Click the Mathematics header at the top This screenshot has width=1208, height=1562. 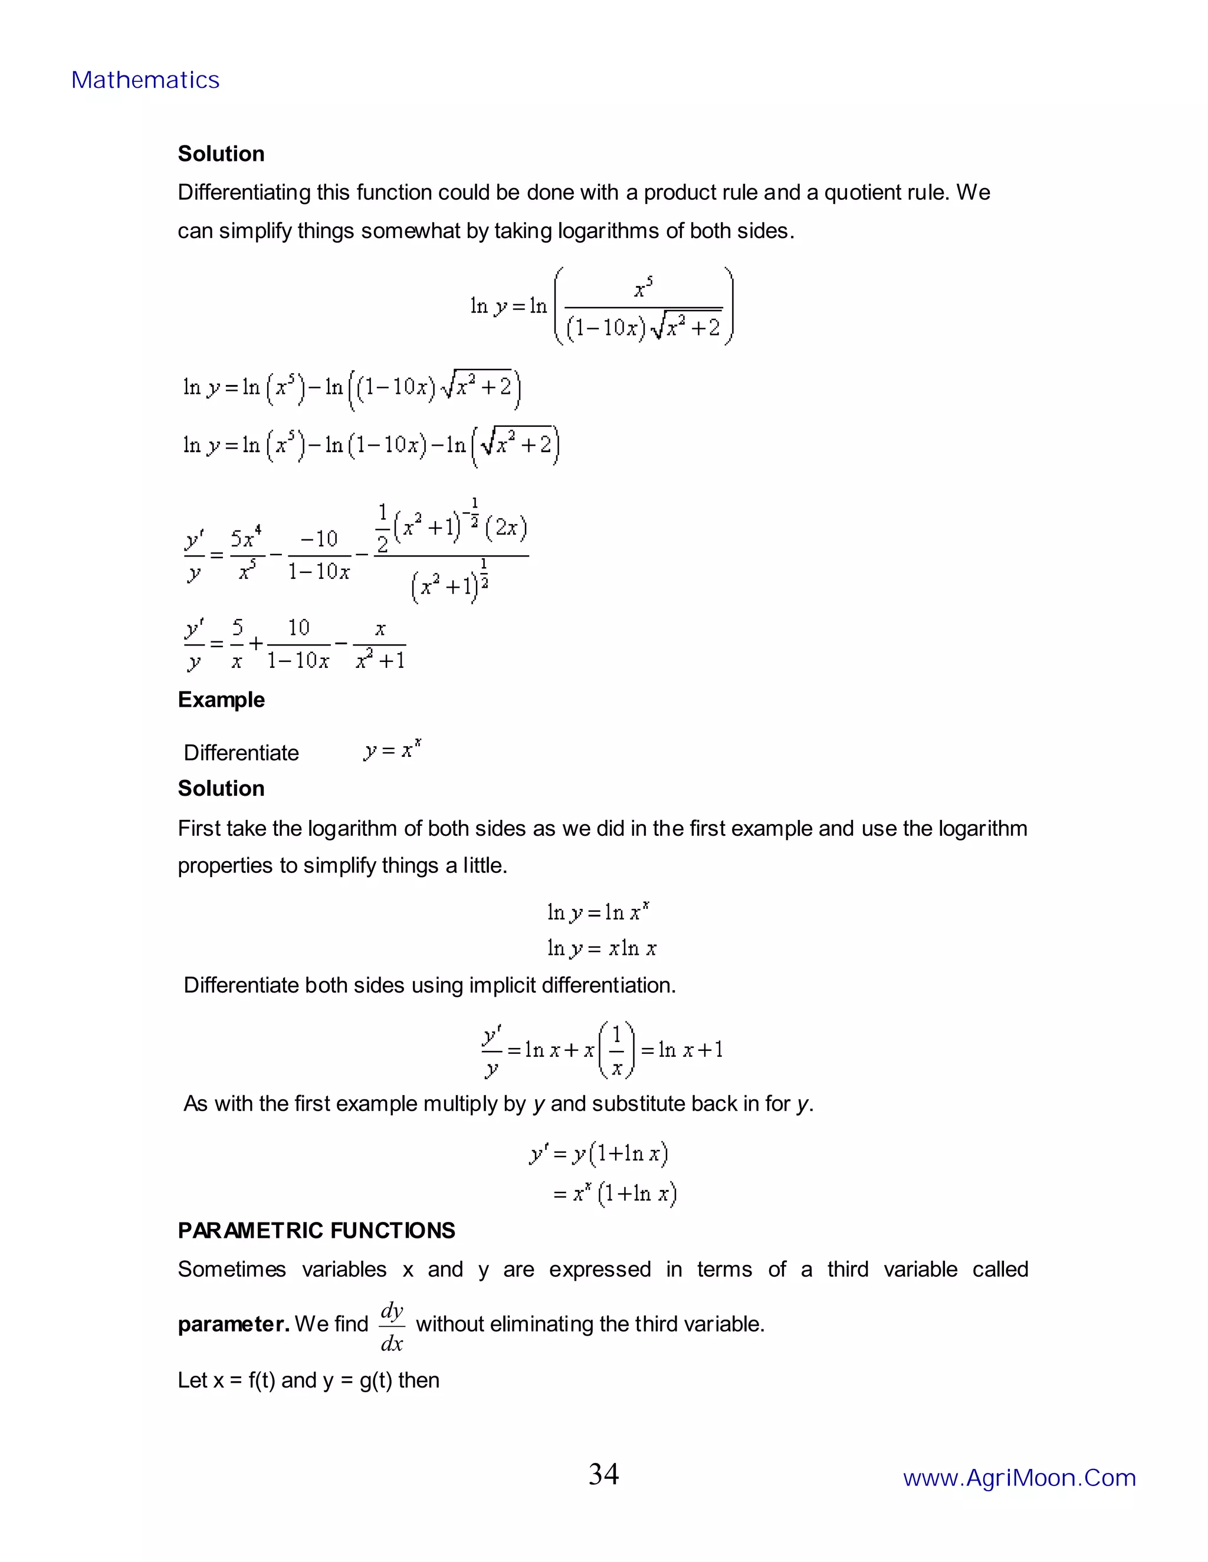point(145,80)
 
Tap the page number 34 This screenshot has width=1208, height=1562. point(603,1474)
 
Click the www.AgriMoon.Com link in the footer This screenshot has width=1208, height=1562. point(1019,1478)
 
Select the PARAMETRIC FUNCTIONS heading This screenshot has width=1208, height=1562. point(316,1230)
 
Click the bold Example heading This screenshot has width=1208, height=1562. point(221,700)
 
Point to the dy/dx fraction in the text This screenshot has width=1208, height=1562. point(392,1327)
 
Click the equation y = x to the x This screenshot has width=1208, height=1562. point(392,750)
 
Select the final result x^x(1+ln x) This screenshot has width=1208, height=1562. point(615,1194)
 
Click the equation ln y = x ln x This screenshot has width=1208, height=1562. point(602,948)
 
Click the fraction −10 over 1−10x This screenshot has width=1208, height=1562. point(319,554)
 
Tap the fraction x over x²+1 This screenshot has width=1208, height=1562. point(380,644)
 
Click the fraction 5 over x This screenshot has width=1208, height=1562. point(237,644)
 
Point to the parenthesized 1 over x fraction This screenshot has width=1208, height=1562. point(616,1049)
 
